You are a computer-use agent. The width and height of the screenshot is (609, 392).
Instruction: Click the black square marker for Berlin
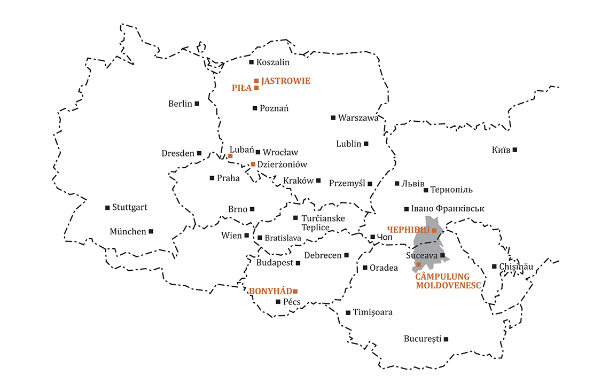(x=197, y=104)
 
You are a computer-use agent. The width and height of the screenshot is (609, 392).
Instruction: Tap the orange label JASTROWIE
(x=286, y=81)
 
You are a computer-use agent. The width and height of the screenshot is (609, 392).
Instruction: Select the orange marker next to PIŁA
(x=256, y=88)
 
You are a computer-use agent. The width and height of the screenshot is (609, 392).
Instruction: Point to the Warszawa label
(x=358, y=118)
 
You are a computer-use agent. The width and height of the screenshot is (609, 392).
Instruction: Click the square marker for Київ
(x=515, y=150)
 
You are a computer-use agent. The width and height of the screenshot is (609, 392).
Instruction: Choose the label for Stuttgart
(x=130, y=207)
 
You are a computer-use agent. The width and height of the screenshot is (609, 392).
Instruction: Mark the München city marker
(x=151, y=231)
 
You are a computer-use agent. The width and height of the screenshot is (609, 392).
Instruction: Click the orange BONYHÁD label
(x=270, y=291)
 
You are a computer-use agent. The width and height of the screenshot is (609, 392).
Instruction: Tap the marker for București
(x=446, y=339)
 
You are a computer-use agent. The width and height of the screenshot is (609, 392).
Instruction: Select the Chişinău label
(x=516, y=266)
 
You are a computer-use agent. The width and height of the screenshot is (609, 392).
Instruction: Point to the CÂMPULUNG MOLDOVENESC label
(x=442, y=281)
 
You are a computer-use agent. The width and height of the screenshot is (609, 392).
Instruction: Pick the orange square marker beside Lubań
(x=230, y=156)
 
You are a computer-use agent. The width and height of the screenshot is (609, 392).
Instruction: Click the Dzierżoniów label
(x=282, y=164)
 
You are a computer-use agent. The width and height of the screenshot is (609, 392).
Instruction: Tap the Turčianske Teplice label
(x=323, y=223)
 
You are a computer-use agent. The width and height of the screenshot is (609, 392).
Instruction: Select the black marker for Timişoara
(x=348, y=312)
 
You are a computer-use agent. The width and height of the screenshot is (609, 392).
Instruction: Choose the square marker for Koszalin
(x=252, y=62)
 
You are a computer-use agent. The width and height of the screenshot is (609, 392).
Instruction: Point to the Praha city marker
(x=212, y=178)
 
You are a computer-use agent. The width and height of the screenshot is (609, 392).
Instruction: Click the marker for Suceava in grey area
(x=442, y=256)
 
